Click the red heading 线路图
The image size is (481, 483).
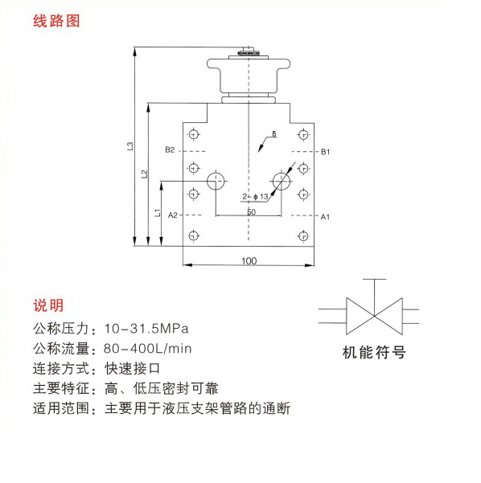pos(56,21)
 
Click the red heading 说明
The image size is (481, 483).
pos(48,305)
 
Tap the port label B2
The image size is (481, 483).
pos(170,150)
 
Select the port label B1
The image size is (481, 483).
pos(325,152)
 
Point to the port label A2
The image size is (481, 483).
pos(173,215)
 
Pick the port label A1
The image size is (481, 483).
pos(325,217)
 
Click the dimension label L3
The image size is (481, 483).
pos(130,145)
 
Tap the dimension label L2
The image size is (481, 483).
pos(144,174)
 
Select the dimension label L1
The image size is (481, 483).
pos(158,212)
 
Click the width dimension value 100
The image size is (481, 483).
pos(249,261)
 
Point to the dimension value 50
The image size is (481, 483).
pos(251,212)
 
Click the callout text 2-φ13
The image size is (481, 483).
pos(255,197)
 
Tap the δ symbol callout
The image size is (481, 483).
pos(274,133)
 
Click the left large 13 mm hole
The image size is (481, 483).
pos(216,181)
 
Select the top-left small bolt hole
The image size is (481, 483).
pos(194,134)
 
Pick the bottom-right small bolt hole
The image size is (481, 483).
pos(303,236)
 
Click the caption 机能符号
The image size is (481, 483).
pos(374,352)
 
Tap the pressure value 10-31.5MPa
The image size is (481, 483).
pos(146,329)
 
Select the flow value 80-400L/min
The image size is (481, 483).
pos(148,349)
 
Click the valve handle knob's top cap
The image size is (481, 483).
pos(249,51)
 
